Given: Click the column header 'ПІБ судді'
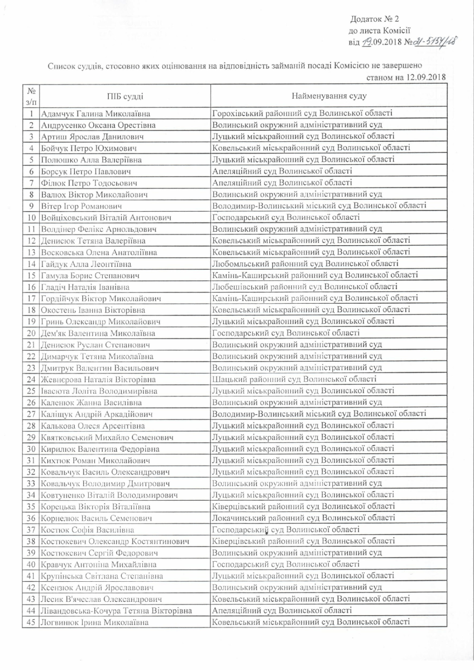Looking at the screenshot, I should pyautogui.click(x=124, y=97).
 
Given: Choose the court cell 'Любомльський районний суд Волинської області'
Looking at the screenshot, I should pyautogui.click(x=305, y=263).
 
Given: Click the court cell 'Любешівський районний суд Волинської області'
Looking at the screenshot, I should pyautogui.click(x=305, y=286).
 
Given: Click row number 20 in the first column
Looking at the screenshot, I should pyautogui.click(x=31, y=332).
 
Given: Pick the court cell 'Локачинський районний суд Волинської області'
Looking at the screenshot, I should pyautogui.click(x=305, y=518).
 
